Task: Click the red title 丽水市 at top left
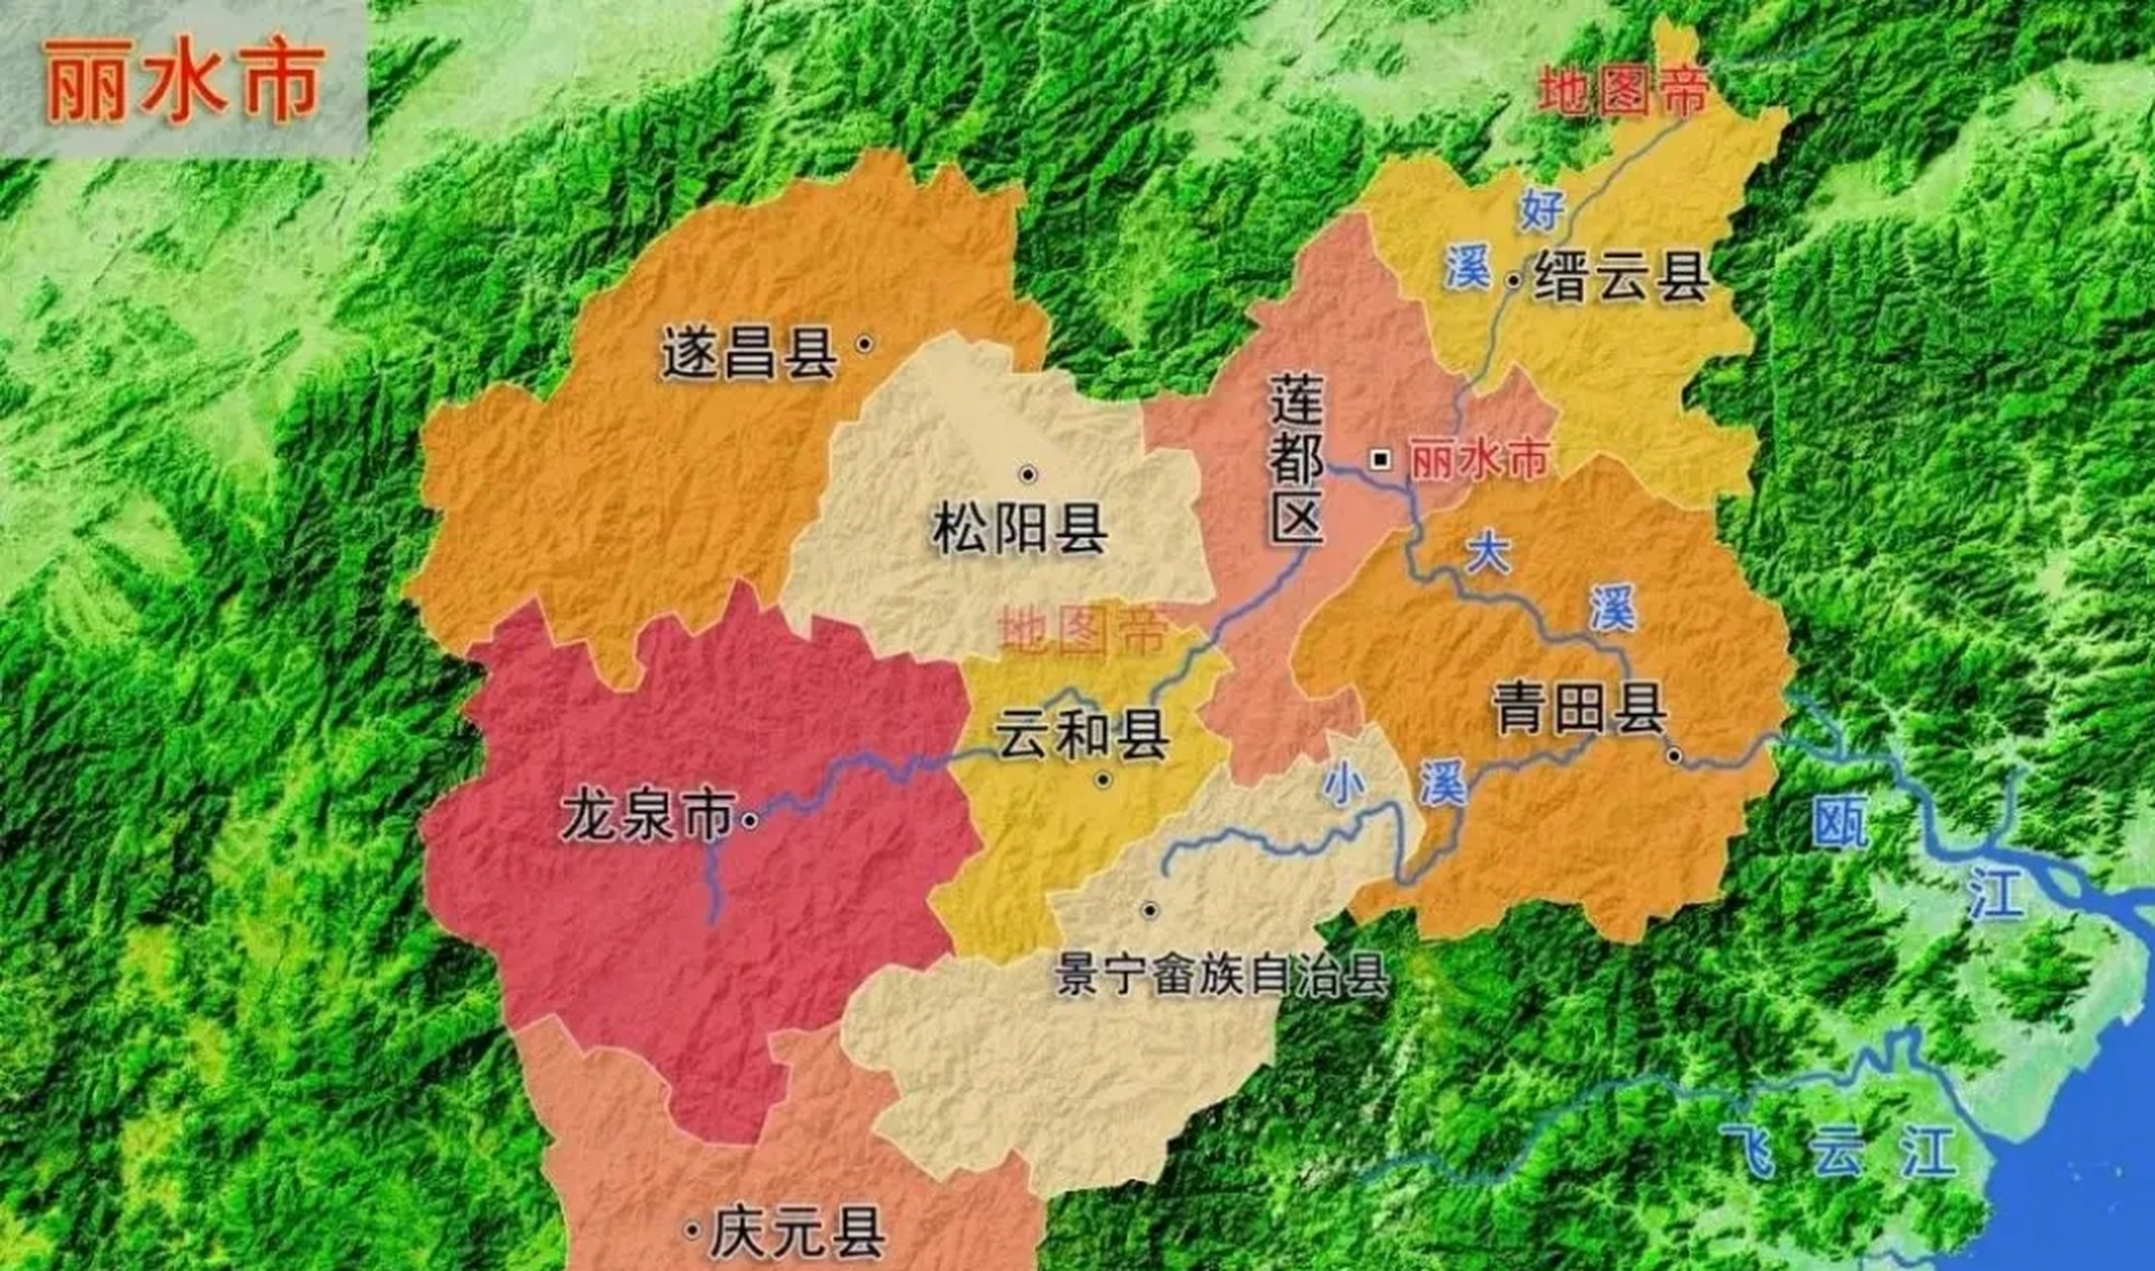[x=185, y=82]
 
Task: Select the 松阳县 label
[x=1020, y=528]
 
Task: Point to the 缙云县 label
[x=1621, y=277]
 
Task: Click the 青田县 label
[x=1579, y=709]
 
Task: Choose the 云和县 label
[x=1082, y=735]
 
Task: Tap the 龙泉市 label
[x=647, y=816]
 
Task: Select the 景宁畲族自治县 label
[x=1222, y=975]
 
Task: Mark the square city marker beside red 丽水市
[x=1380, y=459]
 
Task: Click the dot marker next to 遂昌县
[x=865, y=344]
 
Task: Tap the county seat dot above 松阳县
[x=1028, y=475]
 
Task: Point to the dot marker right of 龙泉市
[x=751, y=820]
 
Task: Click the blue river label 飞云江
[x=1837, y=1152]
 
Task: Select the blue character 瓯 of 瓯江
[x=1840, y=822]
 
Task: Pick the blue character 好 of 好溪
[x=1541, y=210]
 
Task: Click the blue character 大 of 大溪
[x=1487, y=552]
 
